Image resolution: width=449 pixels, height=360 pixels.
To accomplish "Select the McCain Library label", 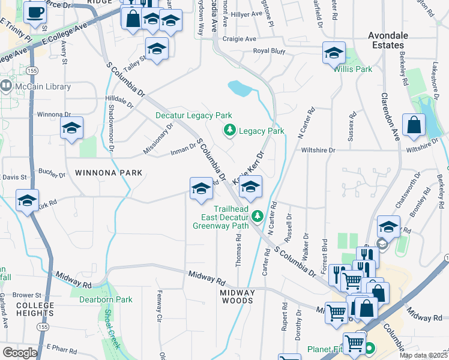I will coord(43,86).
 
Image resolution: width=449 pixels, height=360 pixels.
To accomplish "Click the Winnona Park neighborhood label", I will coord(109,173).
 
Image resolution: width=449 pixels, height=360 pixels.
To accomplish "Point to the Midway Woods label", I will coord(238,298).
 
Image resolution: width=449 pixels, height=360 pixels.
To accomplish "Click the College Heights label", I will coord(35,309).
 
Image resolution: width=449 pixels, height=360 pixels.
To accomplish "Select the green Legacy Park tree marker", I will coord(229,130).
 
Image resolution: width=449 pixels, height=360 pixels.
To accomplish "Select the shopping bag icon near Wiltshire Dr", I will coord(414,126).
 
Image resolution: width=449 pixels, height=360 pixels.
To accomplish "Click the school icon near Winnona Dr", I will coord(71,128).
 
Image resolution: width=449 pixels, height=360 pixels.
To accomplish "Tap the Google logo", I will coord(20,352).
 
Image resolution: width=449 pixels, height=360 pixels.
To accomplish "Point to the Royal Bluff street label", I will coord(269,52).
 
